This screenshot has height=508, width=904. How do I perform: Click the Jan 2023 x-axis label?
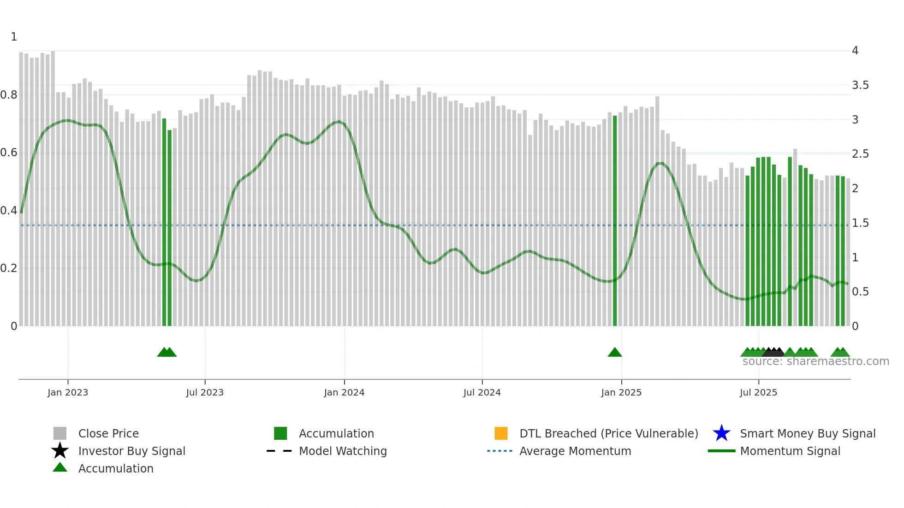(68, 392)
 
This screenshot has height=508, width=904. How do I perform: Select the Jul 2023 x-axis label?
(205, 392)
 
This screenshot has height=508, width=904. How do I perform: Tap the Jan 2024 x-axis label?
(344, 392)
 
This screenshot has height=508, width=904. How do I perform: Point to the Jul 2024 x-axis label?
(482, 392)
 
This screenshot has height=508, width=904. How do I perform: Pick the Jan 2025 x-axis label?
(621, 392)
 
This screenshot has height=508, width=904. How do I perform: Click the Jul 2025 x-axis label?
(758, 392)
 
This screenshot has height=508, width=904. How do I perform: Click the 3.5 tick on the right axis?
(860, 85)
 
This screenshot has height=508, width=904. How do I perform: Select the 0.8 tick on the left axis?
(9, 95)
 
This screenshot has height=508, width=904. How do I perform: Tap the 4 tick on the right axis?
(855, 51)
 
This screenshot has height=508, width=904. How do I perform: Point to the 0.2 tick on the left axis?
(9, 268)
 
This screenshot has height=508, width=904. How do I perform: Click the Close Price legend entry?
(108, 433)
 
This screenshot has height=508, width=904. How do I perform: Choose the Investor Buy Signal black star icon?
(60, 451)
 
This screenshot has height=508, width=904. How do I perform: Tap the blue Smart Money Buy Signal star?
(721, 433)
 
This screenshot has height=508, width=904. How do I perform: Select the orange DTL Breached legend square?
(501, 433)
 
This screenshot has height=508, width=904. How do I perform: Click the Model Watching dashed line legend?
(280, 451)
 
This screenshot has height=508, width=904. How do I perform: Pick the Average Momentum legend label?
(575, 451)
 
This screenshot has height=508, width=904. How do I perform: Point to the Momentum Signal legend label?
(790, 451)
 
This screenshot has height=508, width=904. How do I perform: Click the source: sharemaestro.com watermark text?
(815, 361)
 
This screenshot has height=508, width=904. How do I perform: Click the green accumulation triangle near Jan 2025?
(615, 353)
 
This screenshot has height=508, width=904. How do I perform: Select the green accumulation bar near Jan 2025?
(615, 221)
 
